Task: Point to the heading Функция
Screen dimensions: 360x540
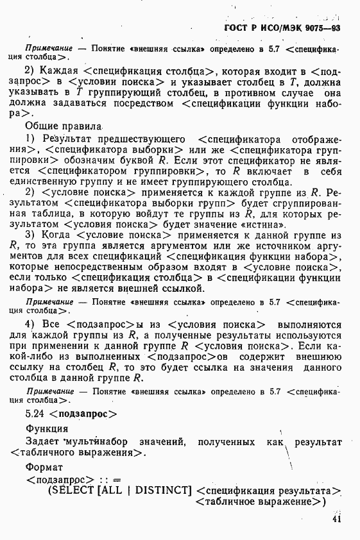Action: (47, 428)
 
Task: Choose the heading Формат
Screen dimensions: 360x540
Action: (44, 467)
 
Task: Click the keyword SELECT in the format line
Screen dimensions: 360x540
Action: (74, 491)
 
